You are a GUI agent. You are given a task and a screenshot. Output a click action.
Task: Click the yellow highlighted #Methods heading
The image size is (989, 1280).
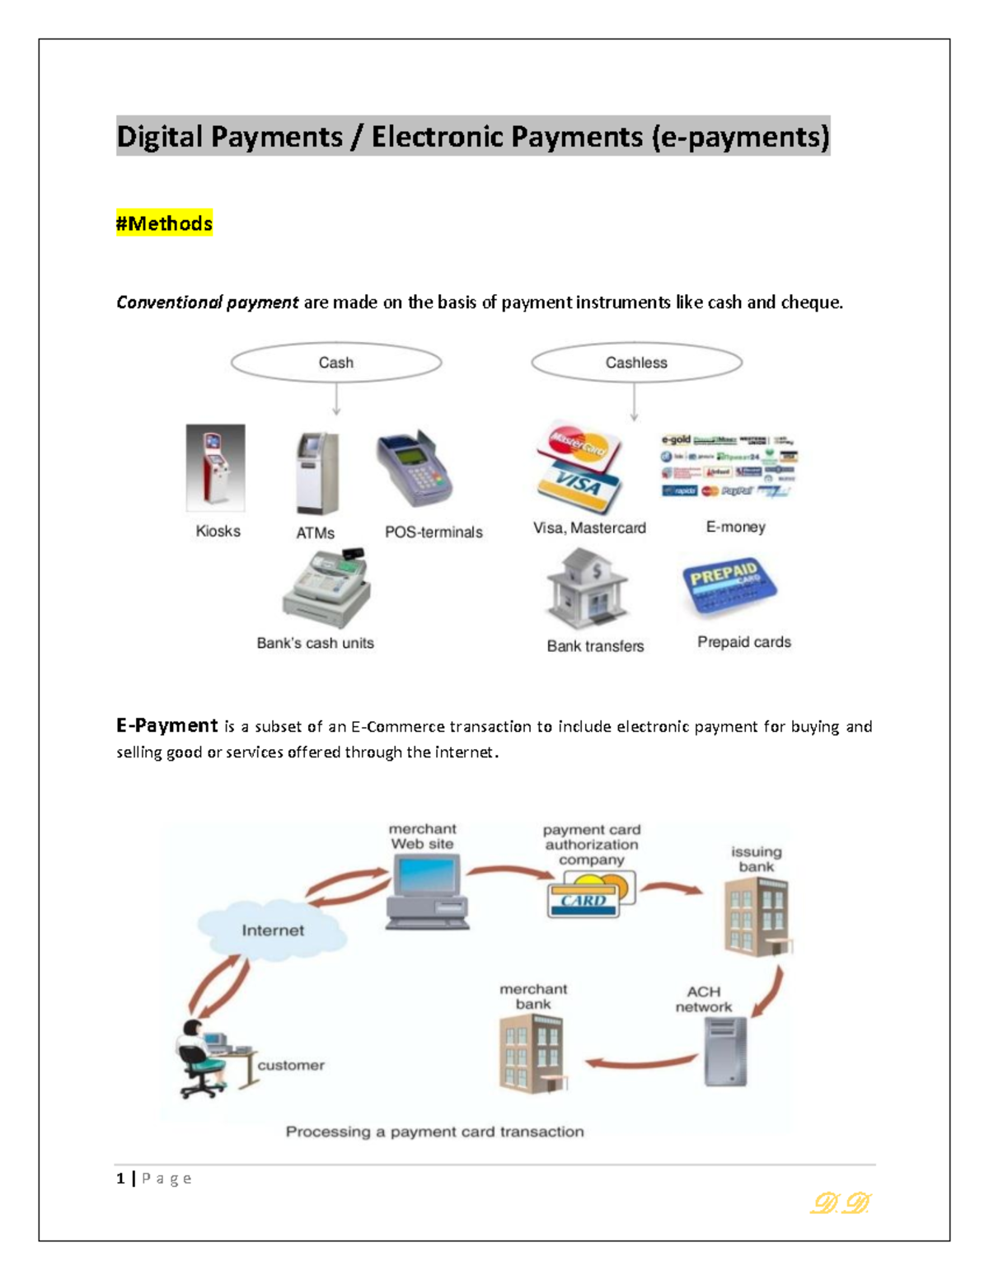tap(164, 223)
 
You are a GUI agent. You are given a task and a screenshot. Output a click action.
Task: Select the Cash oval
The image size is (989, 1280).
tap(336, 363)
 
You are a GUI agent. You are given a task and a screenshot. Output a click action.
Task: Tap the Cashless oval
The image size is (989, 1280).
tap(636, 363)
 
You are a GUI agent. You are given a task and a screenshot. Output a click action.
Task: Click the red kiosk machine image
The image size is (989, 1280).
tap(215, 467)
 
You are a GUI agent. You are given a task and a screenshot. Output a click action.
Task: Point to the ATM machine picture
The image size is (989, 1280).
tap(316, 473)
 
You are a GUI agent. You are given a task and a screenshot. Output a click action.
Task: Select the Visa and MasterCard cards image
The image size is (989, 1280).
tap(579, 466)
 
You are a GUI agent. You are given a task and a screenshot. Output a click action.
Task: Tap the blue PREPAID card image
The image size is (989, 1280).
tap(729, 588)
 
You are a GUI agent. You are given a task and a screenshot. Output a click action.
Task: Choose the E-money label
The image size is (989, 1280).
tap(735, 527)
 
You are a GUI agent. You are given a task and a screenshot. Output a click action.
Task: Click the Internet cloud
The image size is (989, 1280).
tap(272, 930)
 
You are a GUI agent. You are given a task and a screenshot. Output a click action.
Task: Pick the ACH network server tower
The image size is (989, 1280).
tap(725, 1051)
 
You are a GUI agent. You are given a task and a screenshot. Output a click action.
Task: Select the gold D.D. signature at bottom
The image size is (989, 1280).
tap(841, 1204)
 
